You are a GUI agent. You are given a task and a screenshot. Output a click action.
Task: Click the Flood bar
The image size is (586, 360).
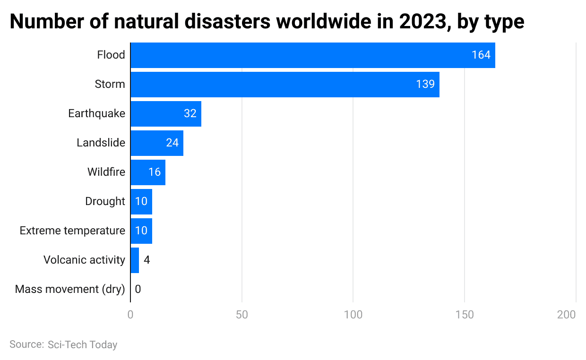tap(312, 55)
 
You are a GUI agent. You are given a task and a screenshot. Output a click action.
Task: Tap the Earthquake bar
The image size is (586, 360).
tap(165, 114)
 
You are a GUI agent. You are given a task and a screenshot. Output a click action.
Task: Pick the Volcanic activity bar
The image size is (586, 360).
tap(135, 260)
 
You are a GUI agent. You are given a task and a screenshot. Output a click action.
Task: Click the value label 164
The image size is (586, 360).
tap(481, 55)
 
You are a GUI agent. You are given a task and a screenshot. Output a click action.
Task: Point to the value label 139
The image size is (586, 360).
tap(425, 85)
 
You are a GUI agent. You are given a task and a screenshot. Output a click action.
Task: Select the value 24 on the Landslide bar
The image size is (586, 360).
tap(172, 143)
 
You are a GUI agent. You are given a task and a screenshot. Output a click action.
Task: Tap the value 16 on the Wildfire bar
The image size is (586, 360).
tap(155, 172)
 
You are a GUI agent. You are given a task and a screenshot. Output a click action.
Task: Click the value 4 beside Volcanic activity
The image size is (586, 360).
tap(146, 260)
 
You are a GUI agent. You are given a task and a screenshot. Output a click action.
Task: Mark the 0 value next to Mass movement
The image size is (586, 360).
tap(138, 289)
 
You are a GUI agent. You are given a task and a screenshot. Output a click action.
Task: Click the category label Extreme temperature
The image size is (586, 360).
tap(72, 231)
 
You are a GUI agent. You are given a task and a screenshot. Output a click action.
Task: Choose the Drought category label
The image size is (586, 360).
tap(105, 201)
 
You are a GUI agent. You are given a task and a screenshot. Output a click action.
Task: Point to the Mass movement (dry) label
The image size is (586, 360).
tap(70, 289)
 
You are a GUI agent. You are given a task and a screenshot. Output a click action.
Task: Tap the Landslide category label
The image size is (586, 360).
tap(101, 143)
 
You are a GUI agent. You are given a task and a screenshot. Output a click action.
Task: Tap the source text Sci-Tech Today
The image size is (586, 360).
tap(82, 345)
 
